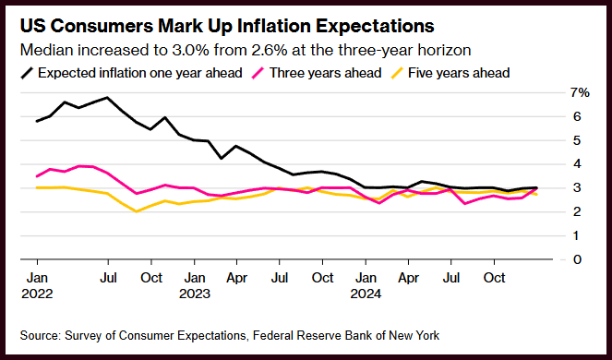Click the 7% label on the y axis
580,93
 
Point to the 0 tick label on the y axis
577,259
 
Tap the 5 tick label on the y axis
577,140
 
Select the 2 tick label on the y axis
577,211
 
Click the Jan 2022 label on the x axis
37,285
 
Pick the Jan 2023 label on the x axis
195,285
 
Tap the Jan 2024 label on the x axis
366,285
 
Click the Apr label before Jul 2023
237,278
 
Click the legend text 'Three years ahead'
326,73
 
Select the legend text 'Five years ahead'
459,73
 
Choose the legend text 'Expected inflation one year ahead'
140,73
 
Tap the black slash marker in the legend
27,73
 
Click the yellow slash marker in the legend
397,73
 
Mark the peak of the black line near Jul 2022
107,97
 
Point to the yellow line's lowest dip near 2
136,211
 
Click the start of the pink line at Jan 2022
37,176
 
